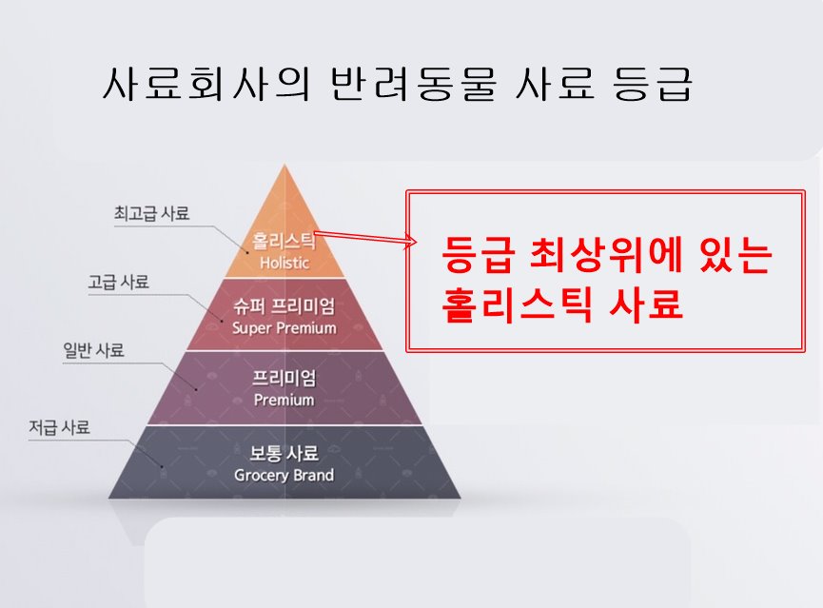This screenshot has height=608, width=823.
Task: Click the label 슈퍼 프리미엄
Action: pos(284,308)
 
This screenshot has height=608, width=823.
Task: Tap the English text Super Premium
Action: pos(284,328)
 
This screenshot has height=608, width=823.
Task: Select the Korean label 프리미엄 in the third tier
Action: pos(284,379)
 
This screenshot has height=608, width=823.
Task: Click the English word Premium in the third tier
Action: pos(284,400)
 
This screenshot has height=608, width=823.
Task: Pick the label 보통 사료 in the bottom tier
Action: pos(284,453)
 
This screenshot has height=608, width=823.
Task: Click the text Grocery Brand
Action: pos(284,474)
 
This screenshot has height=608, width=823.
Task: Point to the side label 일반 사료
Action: pos(92,351)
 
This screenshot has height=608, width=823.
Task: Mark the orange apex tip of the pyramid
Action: pos(284,171)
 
